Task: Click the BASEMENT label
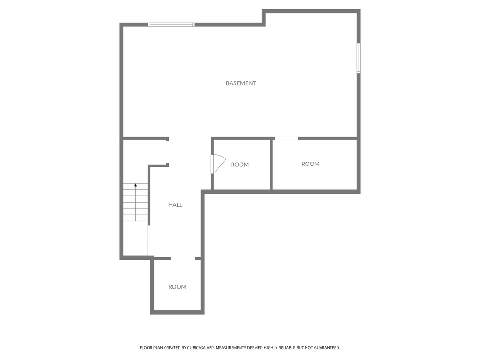pyautogui.click(x=241, y=83)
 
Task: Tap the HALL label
pyautogui.click(x=175, y=205)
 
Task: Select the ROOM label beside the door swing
pyautogui.click(x=240, y=165)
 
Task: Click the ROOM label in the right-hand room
pyautogui.click(x=310, y=164)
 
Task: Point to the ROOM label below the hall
pyautogui.click(x=177, y=287)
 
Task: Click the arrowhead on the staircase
pyautogui.click(x=135, y=186)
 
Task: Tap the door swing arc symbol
pyautogui.click(x=218, y=164)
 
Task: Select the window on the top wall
pyautogui.click(x=171, y=24)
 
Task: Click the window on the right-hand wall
pyautogui.click(x=359, y=58)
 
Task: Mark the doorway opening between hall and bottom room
pyautogui.click(x=182, y=258)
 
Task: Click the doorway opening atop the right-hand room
pyautogui.click(x=286, y=138)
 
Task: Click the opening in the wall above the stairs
pyautogui.click(x=167, y=151)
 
